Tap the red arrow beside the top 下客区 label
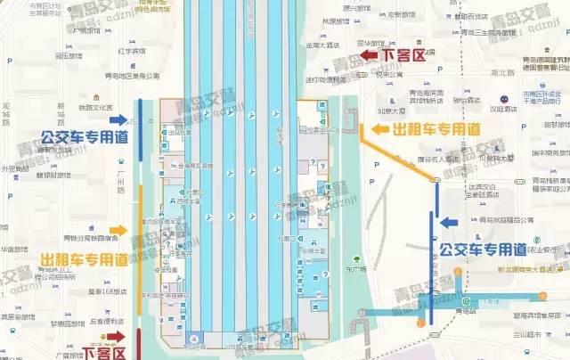click(x=368, y=56)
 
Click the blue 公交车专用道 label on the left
click(x=85, y=137)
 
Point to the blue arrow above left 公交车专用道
click(x=117, y=119)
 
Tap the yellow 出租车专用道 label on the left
click(x=84, y=260)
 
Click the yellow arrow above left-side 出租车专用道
click(x=118, y=231)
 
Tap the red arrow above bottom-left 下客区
click(x=116, y=336)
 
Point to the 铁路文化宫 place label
click(x=99, y=108)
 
